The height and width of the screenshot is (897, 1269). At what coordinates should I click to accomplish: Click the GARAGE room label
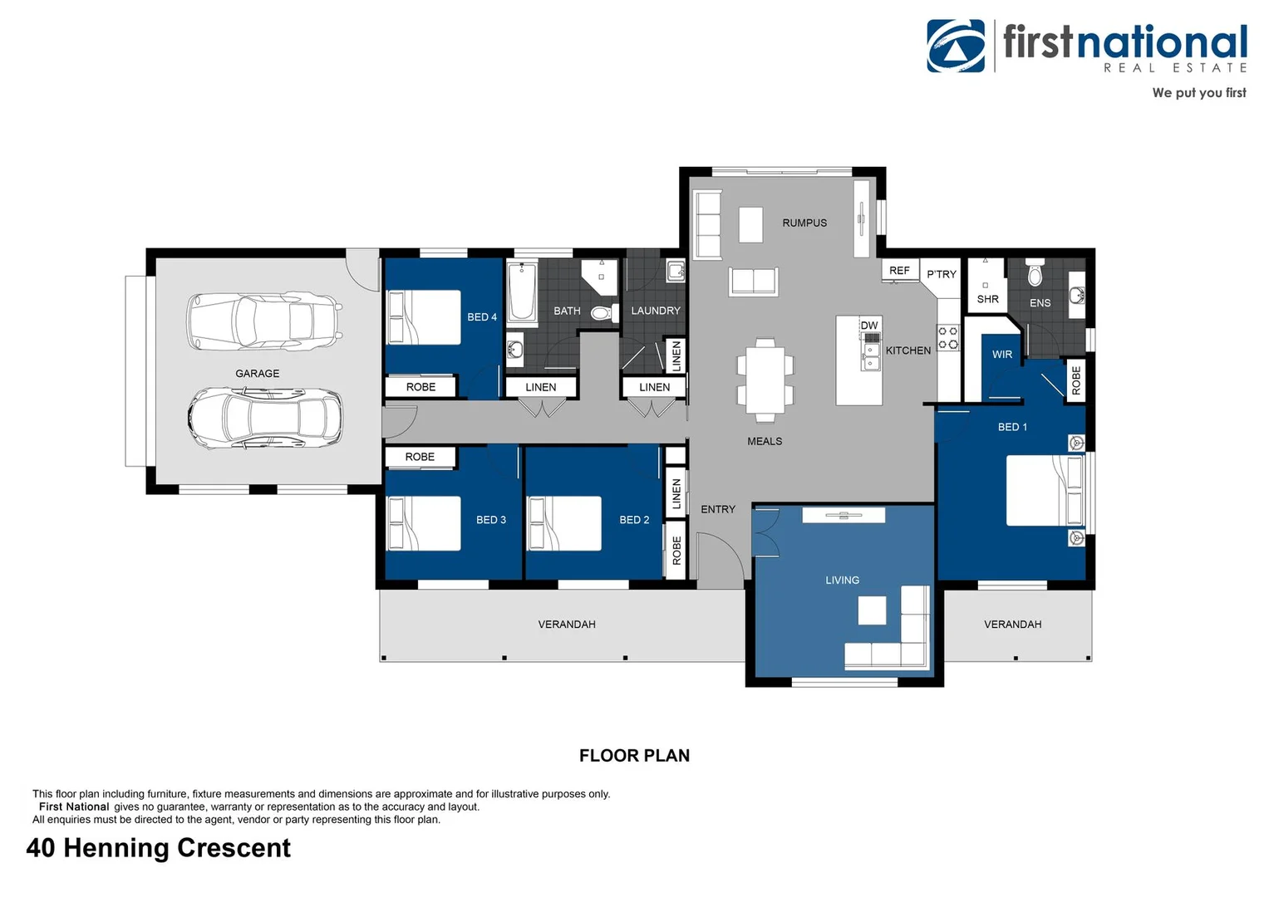pyautogui.click(x=257, y=374)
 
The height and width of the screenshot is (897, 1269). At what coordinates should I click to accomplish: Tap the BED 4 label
pyautogui.click(x=482, y=317)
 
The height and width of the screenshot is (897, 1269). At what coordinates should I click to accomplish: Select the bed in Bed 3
pyautogui.click(x=425, y=523)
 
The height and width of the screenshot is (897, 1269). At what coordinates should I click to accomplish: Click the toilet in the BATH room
pyautogui.click(x=603, y=313)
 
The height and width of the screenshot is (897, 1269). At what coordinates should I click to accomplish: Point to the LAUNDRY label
pyautogui.click(x=656, y=311)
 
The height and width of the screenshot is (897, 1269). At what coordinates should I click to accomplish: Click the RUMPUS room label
pyautogui.click(x=804, y=223)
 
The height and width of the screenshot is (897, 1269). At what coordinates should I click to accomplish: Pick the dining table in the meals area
pyautogui.click(x=765, y=379)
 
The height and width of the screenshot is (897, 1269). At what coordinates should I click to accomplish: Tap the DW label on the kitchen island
pyautogui.click(x=869, y=326)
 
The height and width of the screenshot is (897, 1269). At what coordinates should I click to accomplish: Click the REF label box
pyautogui.click(x=899, y=271)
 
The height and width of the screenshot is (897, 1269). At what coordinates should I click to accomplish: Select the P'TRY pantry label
pyautogui.click(x=942, y=274)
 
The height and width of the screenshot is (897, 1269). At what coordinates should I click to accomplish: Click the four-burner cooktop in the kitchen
pyautogui.click(x=948, y=337)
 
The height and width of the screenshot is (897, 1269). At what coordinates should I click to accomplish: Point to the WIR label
pyautogui.click(x=1002, y=355)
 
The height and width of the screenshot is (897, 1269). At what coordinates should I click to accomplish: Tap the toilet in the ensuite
pyautogui.click(x=1035, y=273)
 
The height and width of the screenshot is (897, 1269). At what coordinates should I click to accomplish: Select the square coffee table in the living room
pyautogui.click(x=872, y=610)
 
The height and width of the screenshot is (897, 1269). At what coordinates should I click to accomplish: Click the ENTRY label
pyautogui.click(x=718, y=509)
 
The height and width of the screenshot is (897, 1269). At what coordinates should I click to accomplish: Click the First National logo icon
pyautogui.click(x=956, y=47)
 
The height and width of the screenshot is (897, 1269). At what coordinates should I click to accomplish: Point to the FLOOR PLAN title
pyautogui.click(x=634, y=756)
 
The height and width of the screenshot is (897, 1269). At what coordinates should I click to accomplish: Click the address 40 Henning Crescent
pyautogui.click(x=159, y=848)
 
